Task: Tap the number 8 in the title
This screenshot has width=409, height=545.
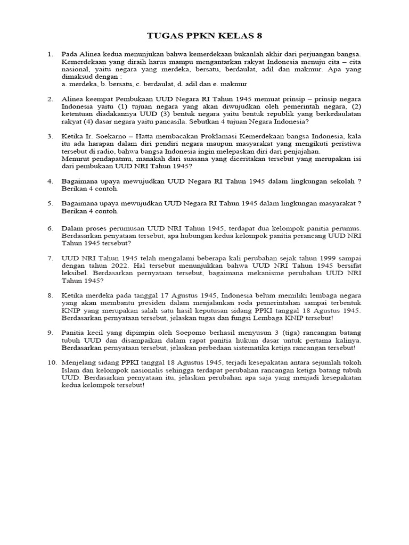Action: click(259, 36)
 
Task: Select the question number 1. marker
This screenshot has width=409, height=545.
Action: click(51, 54)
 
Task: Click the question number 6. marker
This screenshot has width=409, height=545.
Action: click(51, 228)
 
